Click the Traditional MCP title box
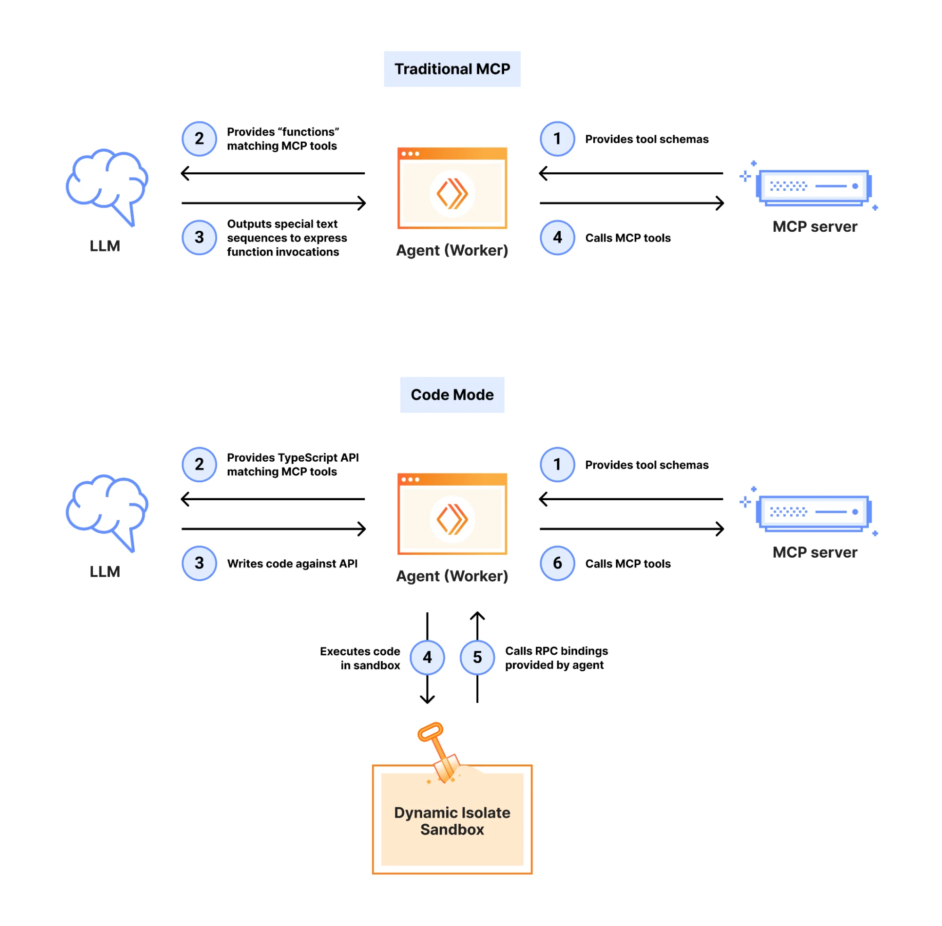pos(451,69)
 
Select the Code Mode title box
pos(451,394)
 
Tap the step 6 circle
pos(557,563)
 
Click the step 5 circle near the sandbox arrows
pos(477,657)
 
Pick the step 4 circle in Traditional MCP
pos(557,237)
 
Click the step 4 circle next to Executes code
pos(427,657)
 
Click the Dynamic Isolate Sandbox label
pos(451,820)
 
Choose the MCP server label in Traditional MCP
pos(814,227)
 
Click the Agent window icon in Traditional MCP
pos(451,188)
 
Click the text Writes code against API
pos(292,563)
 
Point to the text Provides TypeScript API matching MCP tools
pos(292,464)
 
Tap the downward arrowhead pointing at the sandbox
pos(427,699)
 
